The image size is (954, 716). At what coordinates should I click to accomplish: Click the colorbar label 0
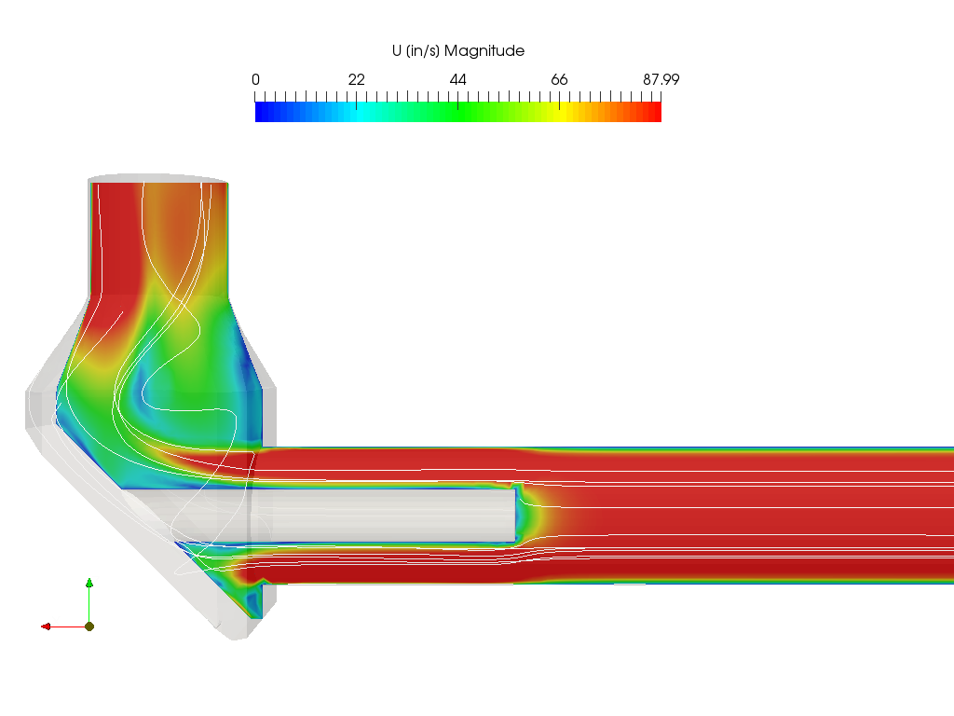tap(255, 80)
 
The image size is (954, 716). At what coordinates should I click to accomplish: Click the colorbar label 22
tap(357, 80)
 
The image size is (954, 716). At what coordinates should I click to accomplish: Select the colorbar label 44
tap(458, 80)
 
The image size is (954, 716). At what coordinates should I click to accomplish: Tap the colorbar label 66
tap(559, 80)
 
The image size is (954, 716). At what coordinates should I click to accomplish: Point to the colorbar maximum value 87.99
tap(661, 80)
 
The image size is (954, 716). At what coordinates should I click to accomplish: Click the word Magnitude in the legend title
tap(484, 51)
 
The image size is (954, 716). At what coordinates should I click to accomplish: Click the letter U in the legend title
tap(397, 50)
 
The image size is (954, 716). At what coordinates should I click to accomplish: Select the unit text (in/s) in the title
tap(423, 51)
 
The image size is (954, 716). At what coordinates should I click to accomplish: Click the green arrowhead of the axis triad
tap(89, 583)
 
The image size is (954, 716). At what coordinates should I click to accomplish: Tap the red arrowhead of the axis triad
tap(46, 626)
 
